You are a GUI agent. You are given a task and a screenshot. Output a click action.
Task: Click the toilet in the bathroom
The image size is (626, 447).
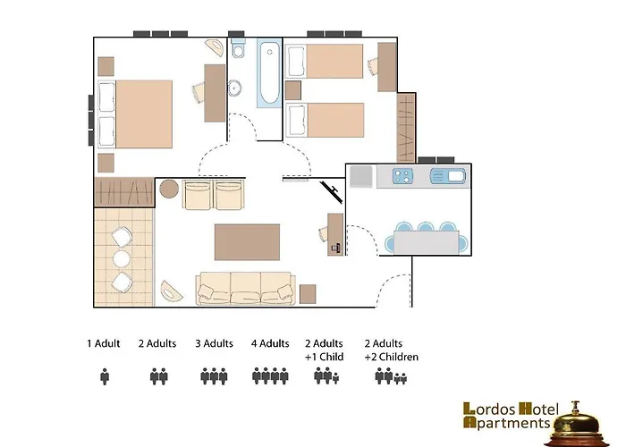pos(239,48)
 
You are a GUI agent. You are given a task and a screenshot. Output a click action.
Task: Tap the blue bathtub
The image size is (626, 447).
pos(269,73)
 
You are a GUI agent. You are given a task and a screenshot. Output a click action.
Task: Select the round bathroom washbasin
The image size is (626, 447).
pos(234,88)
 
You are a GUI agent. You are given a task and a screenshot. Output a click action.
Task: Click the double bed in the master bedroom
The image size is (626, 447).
pos(135,114)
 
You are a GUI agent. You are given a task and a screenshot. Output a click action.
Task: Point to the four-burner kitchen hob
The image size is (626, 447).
pos(402,176)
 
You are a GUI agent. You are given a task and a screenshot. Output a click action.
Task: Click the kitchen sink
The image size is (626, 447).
pos(448,176)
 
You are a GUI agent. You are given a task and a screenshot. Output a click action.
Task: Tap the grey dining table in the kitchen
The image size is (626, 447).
pos(427,242)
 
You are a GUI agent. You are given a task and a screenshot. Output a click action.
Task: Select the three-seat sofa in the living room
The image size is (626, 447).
pos(246,289)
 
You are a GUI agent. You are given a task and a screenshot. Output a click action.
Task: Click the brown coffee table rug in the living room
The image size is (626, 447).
pos(247,242)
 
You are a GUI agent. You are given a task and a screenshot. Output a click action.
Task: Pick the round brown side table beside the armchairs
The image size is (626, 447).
pos(169,189)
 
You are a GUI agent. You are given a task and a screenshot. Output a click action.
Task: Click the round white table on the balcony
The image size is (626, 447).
pos(122,259)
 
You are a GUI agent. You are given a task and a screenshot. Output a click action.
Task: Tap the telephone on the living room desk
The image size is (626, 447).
pos(335,249)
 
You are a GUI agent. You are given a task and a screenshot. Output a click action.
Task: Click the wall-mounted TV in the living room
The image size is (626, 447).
pos(332,190)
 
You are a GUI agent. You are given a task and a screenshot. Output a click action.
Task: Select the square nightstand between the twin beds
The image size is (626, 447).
pos(293,90)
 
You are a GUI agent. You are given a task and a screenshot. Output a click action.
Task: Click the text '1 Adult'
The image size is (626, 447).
pos(104,343)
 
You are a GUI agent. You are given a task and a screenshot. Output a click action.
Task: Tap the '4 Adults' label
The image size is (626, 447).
pos(270,343)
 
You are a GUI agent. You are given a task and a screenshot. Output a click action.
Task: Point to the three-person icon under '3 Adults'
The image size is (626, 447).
pos(214,376)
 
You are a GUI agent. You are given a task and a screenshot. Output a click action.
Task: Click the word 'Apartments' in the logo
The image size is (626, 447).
pos(507,422)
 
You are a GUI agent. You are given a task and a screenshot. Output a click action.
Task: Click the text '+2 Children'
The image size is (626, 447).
pos(392,357)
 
